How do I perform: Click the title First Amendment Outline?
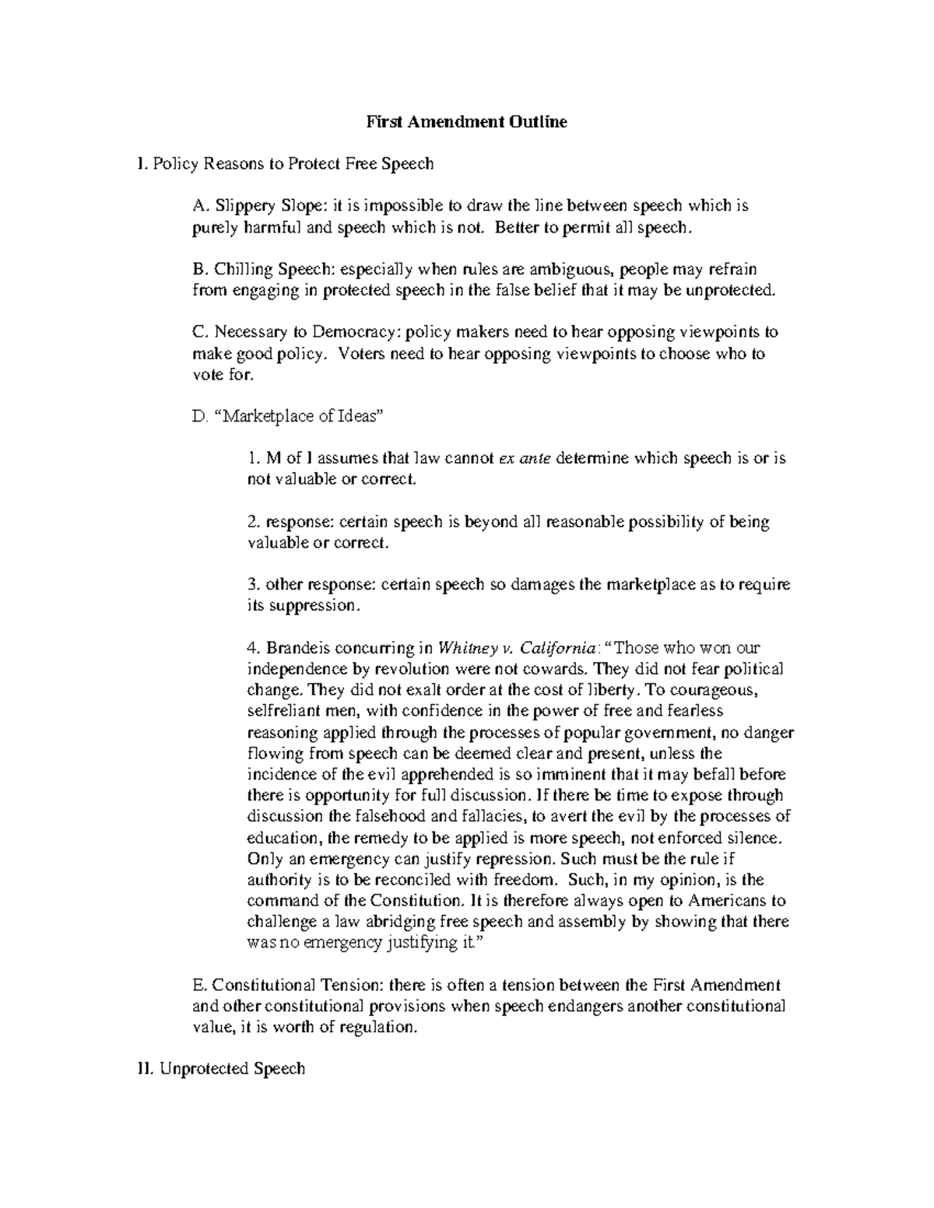tap(466, 122)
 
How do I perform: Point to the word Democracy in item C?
tap(355, 332)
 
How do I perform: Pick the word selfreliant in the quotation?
tap(280, 711)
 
